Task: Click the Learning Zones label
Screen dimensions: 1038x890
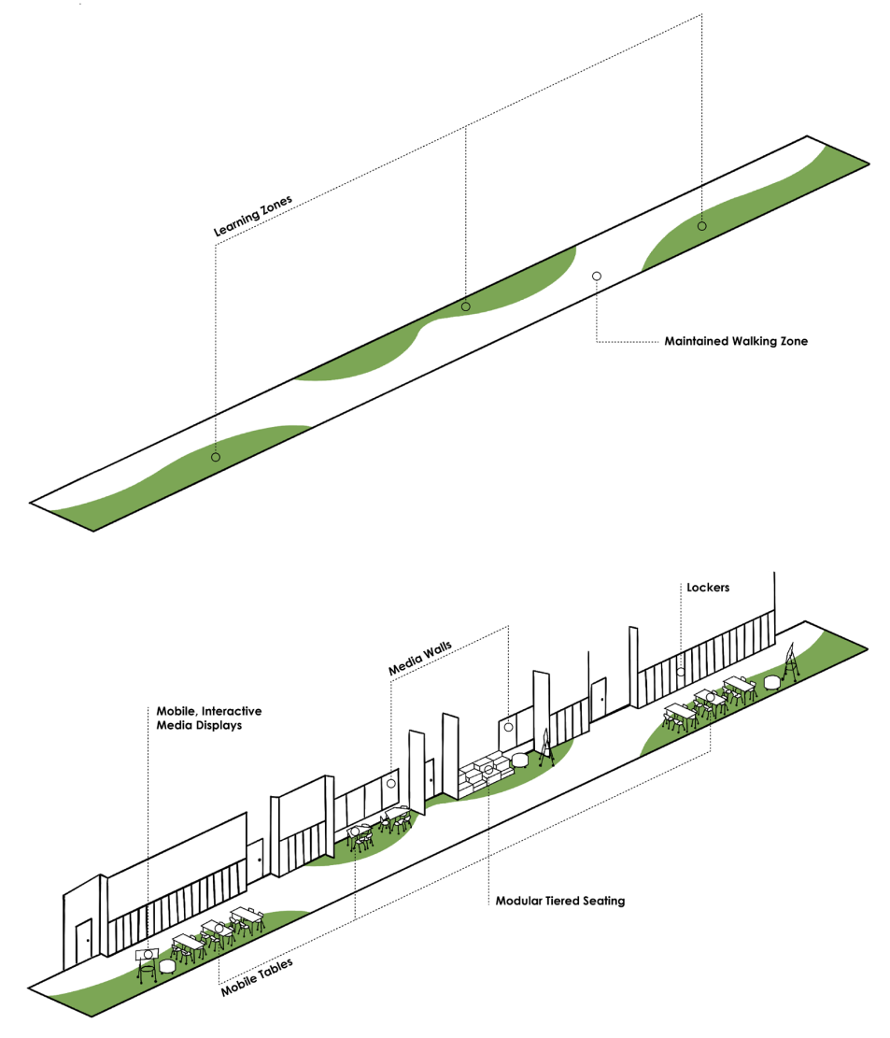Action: (x=253, y=214)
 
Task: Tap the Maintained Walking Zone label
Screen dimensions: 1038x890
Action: (x=736, y=342)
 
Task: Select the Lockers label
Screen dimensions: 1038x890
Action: (x=707, y=588)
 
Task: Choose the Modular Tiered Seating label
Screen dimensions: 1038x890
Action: (x=560, y=902)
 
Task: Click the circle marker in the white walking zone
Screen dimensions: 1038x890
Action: (x=597, y=277)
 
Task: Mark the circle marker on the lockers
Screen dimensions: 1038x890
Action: (x=681, y=671)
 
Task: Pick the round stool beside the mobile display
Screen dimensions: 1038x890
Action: (x=168, y=966)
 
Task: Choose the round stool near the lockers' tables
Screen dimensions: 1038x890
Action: (x=771, y=683)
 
